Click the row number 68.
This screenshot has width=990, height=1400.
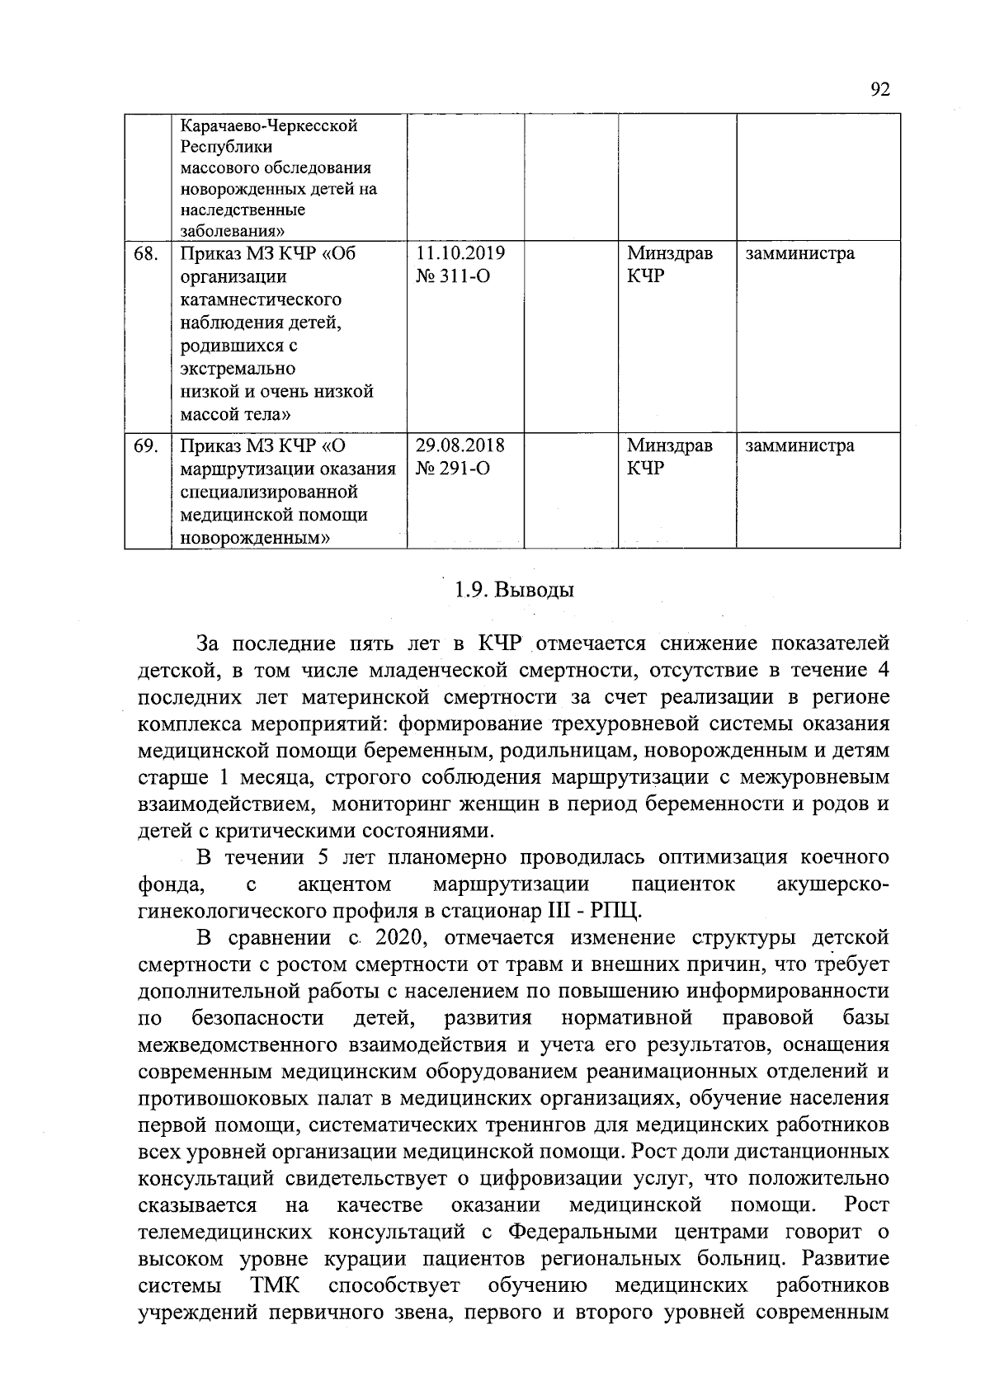click(146, 253)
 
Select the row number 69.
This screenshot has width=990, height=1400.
click(146, 446)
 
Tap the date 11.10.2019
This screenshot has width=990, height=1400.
click(460, 253)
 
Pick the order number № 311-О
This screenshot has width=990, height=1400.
click(453, 276)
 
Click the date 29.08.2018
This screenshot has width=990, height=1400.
click(460, 446)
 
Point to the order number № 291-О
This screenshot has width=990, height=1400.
click(453, 469)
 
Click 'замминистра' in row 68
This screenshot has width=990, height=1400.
click(799, 253)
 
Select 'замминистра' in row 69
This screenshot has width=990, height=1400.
click(799, 446)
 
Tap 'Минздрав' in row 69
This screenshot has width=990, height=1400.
click(669, 446)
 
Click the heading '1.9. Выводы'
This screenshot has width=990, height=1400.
click(513, 591)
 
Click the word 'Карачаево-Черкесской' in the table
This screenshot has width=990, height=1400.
click(269, 127)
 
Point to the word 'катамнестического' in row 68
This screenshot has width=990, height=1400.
click(261, 299)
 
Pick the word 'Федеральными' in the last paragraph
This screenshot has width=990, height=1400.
click(582, 1233)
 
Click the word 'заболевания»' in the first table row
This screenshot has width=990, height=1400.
click(234, 231)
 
